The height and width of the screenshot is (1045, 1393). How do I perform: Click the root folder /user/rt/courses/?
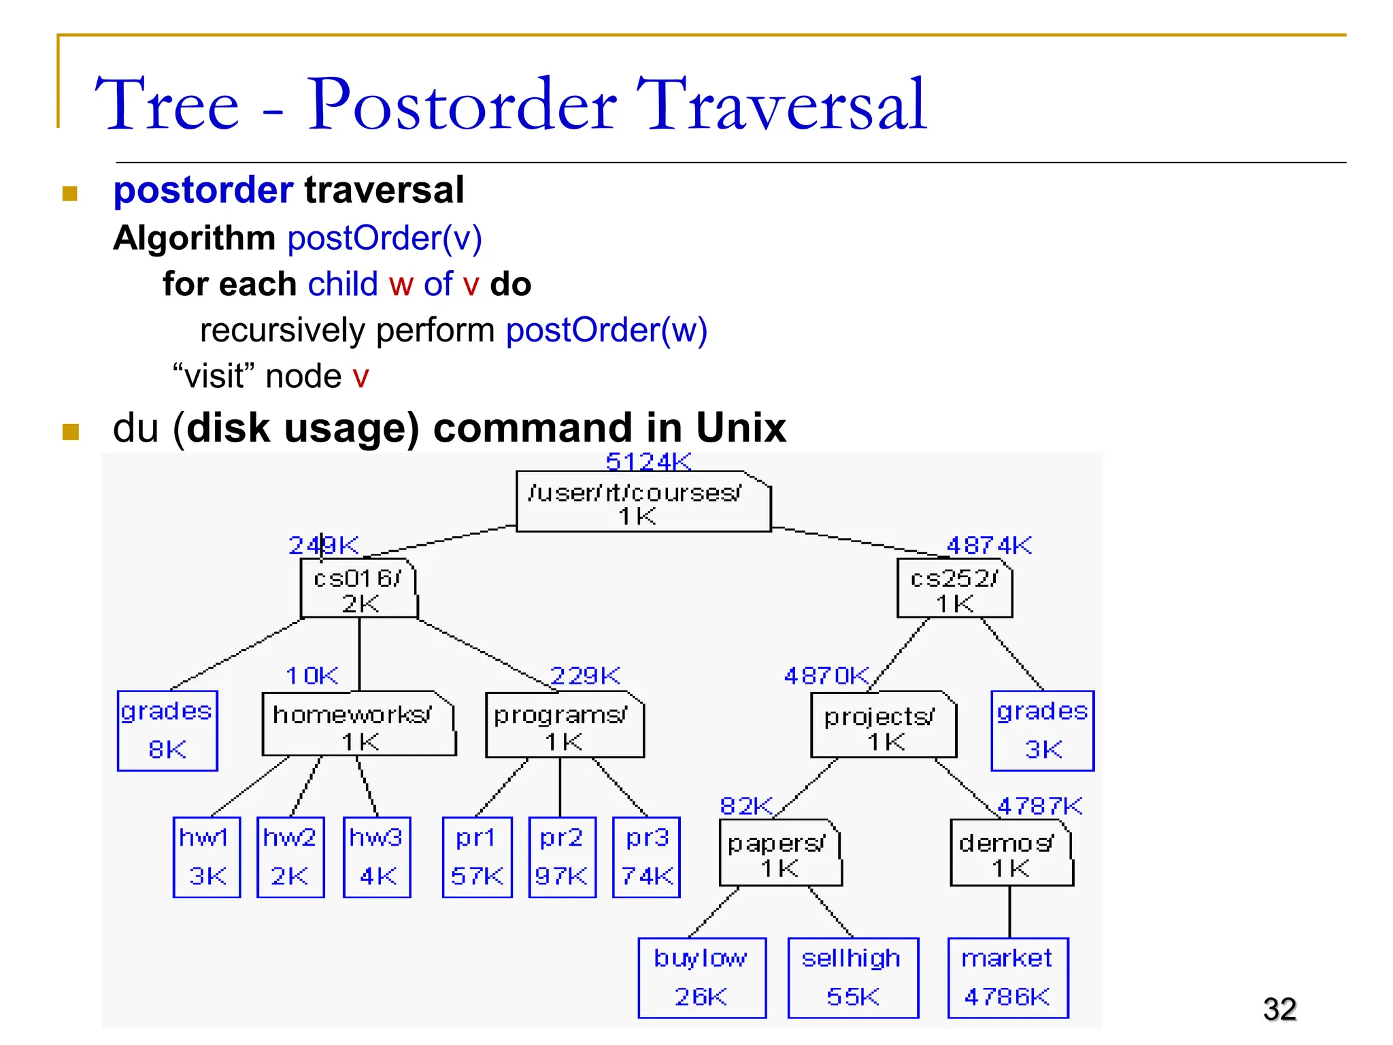pyautogui.click(x=643, y=502)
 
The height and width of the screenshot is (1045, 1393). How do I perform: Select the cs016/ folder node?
pyautogui.click(x=358, y=589)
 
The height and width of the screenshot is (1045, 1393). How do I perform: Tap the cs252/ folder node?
pyautogui.click(x=954, y=589)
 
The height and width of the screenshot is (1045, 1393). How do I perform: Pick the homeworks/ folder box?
pyautogui.click(x=358, y=725)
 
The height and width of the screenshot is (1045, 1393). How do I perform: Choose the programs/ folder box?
pyautogui.click(x=564, y=725)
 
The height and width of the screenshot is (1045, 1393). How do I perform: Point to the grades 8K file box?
pyautogui.click(x=167, y=731)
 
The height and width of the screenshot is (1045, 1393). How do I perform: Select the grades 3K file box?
pyautogui.click(x=1042, y=731)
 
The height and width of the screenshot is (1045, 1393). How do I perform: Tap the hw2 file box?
pyautogui.click(x=290, y=857)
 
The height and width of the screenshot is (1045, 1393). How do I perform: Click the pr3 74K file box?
pyautogui.click(x=646, y=857)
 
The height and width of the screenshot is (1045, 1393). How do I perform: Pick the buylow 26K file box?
pyautogui.click(x=701, y=978)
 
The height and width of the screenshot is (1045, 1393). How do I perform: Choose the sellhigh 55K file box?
pyautogui.click(x=853, y=978)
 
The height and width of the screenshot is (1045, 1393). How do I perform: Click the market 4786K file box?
pyautogui.click(x=1007, y=978)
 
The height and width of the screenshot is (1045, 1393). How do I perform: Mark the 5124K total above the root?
pyautogui.click(x=648, y=462)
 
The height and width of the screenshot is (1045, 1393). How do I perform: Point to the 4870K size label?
pyautogui.click(x=826, y=676)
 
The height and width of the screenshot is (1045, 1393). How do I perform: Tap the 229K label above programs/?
pyautogui.click(x=585, y=676)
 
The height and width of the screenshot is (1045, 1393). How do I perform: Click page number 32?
pyautogui.click(x=1279, y=1009)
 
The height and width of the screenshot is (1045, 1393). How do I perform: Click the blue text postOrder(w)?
pyautogui.click(x=606, y=331)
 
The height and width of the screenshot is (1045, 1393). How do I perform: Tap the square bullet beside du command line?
pyautogui.click(x=71, y=431)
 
